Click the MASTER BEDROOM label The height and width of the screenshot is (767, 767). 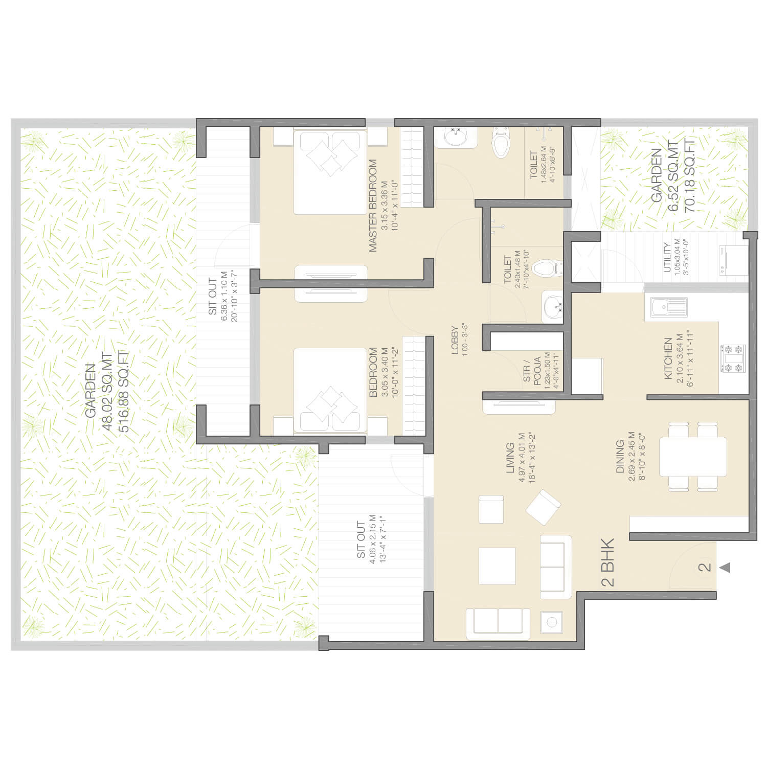click(372, 206)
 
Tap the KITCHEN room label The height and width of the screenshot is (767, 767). click(668, 358)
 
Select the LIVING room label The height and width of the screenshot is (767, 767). click(510, 458)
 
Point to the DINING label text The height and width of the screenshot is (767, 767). click(619, 457)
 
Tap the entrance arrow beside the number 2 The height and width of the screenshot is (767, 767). click(725, 568)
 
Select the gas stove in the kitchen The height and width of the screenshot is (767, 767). click(733, 359)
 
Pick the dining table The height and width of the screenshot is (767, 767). click(693, 456)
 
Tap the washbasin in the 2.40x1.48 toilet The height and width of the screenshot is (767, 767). click(553, 307)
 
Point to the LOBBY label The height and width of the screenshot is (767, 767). click(455, 340)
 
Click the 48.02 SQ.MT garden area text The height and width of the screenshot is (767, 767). click(107, 391)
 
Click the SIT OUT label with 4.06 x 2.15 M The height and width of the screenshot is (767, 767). click(361, 540)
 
